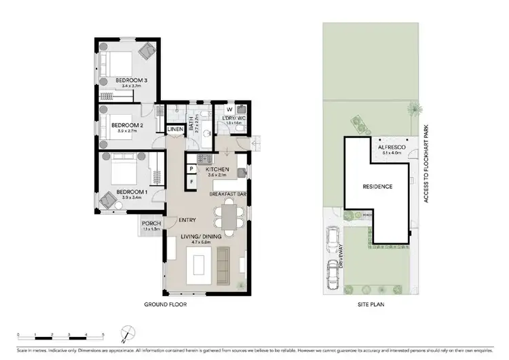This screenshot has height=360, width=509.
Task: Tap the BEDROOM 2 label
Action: coord(127,125)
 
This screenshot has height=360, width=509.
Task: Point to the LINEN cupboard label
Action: coord(175,129)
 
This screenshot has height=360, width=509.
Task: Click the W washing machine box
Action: coord(229,109)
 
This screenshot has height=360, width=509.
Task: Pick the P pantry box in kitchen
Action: coord(192,169)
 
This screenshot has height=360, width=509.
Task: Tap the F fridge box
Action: coord(192,181)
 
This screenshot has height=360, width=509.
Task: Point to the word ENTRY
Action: coord(187,220)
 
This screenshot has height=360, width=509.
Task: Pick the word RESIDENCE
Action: coord(377,186)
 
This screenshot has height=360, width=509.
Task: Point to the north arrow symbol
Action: coord(123,334)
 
